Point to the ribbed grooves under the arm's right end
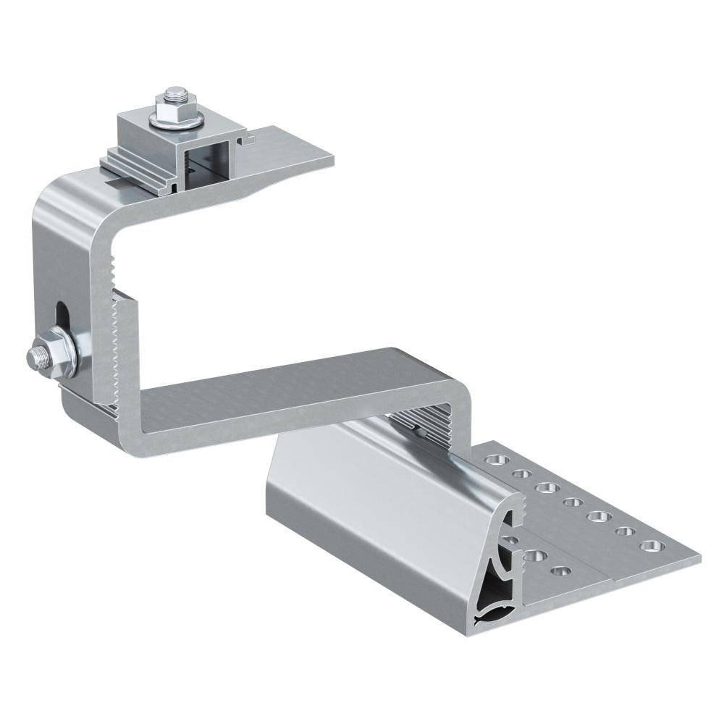tap(427, 427)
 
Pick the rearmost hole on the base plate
tap(498, 459)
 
